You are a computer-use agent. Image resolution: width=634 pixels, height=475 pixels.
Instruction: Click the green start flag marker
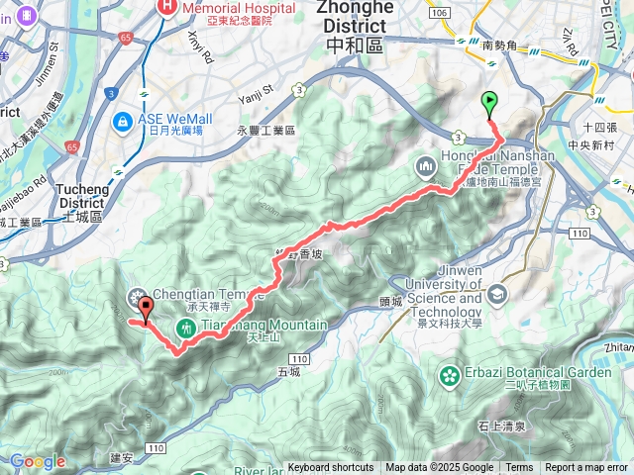489,102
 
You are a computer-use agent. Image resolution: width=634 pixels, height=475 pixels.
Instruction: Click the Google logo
38,461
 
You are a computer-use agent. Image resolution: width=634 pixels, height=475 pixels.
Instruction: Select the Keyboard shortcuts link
331,468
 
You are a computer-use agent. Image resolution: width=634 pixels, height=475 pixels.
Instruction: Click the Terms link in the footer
519,468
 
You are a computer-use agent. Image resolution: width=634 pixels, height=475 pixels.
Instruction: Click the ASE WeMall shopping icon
123,123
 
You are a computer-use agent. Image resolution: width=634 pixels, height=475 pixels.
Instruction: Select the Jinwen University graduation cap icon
495,294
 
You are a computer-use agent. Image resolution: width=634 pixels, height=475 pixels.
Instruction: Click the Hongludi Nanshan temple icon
427,166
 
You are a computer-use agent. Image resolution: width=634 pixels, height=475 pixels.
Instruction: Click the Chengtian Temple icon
135,296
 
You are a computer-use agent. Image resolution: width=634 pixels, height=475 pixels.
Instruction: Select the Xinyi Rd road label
200,44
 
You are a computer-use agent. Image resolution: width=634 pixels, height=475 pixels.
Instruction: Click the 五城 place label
289,372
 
